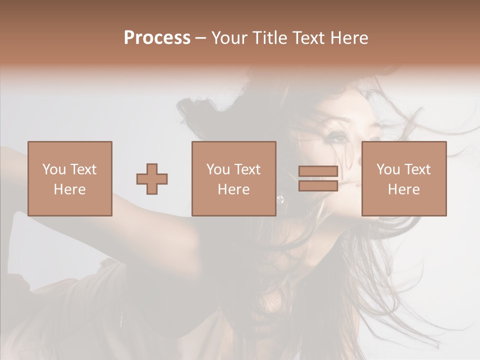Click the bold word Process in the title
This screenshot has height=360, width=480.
157,38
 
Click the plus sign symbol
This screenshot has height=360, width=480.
152,179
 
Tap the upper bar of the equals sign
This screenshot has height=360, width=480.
318,172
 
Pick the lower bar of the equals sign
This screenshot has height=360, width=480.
318,185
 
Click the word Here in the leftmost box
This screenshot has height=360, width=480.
69,189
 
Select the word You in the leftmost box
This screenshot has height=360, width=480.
54,169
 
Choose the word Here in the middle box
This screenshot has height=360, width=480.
233,189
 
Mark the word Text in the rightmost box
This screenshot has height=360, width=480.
416,169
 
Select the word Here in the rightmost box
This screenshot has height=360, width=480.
403,189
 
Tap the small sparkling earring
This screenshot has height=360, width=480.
280,199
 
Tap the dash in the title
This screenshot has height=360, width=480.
200,38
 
